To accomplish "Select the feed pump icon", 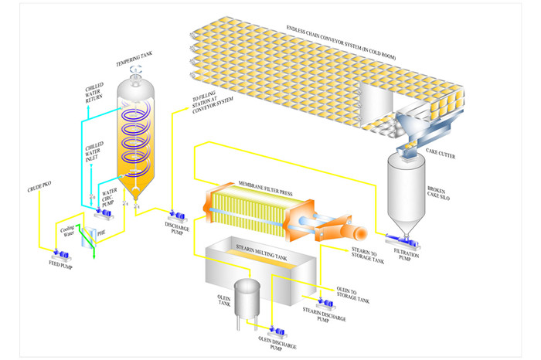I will [59, 253].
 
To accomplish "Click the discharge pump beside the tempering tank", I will [173, 213].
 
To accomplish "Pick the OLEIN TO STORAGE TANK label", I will [352, 294].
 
